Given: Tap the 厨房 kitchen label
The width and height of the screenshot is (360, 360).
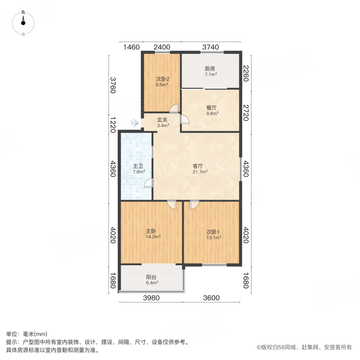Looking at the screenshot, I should tap(210, 68).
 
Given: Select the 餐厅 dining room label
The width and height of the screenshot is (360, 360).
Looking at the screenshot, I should tap(211, 108).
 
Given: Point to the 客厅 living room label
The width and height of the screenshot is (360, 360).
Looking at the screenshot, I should tap(200, 166).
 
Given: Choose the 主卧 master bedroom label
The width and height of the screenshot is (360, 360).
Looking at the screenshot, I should tap(151, 231).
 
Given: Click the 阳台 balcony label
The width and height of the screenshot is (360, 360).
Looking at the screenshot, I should tap(151, 276).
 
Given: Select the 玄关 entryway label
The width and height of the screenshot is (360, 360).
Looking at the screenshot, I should tap(162, 119).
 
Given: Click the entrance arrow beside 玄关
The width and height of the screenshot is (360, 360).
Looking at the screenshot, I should tap(136, 123).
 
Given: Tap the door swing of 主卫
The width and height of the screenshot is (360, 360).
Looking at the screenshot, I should tap(148, 183).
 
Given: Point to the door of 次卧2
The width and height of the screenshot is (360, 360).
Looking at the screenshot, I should tap(174, 108).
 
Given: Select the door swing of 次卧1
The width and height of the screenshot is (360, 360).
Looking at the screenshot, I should tap(194, 204).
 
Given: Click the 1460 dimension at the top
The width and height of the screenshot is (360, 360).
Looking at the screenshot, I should tap(131, 47).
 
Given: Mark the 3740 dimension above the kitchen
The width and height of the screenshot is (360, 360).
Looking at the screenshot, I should tap(210, 47).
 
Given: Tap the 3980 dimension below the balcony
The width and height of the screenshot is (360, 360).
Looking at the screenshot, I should tap(152, 298).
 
